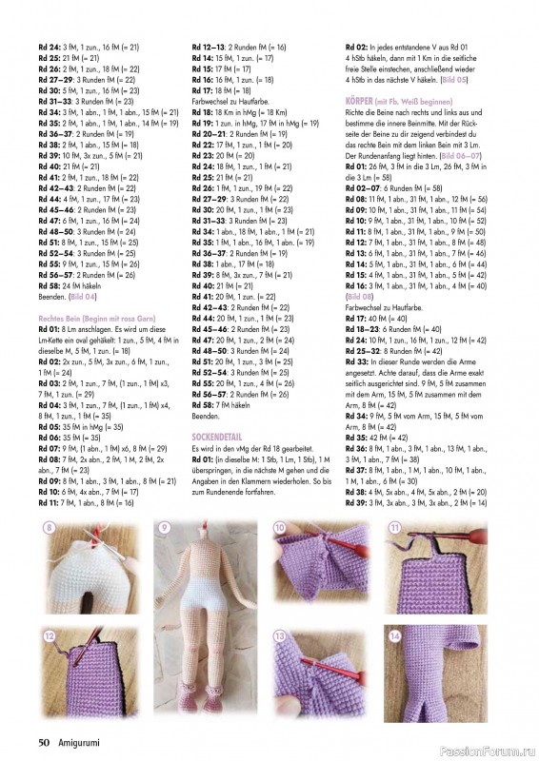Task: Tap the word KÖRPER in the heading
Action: click(362, 99)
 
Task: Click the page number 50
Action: click(44, 742)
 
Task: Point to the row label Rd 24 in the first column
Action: click(49, 46)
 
